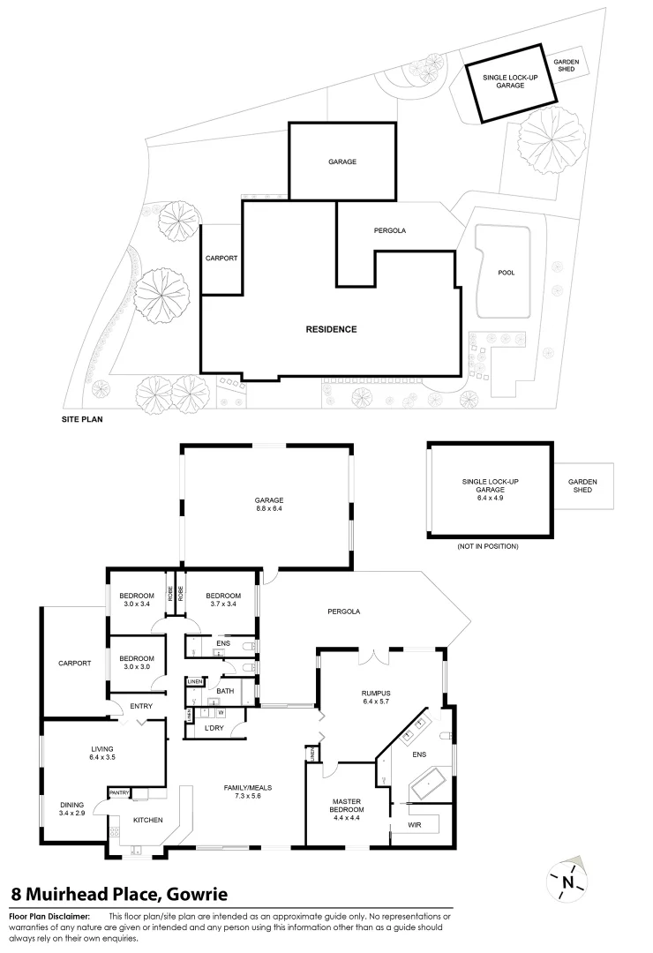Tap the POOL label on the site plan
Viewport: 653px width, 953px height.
point(506,273)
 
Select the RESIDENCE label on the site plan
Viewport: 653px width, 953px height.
point(331,329)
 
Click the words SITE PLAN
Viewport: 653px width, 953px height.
point(82,420)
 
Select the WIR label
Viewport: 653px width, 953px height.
point(415,825)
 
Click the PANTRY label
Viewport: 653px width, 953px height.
point(119,793)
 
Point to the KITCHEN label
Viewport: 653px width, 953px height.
point(147,821)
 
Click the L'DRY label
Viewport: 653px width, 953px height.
point(213,728)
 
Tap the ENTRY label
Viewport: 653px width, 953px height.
point(141,706)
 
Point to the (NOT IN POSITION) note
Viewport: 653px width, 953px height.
point(487,547)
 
